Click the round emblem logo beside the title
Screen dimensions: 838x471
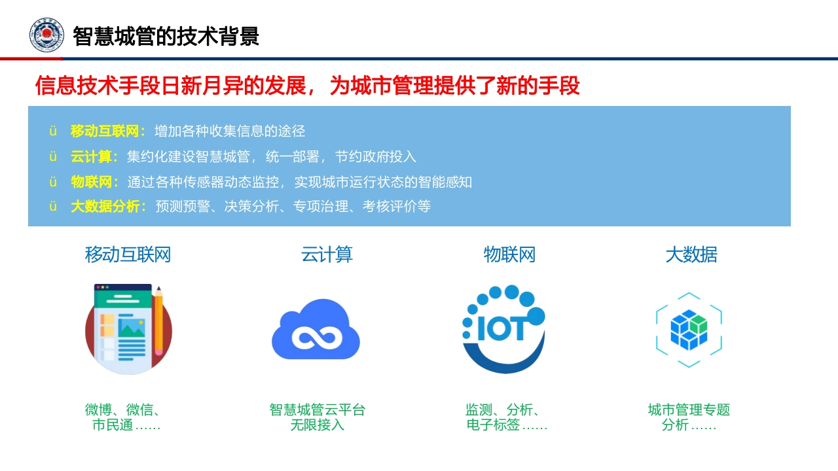point(46,35)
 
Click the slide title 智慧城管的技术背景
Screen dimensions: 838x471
point(166,36)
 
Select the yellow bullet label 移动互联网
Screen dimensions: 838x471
point(104,131)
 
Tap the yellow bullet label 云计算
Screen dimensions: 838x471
point(91,156)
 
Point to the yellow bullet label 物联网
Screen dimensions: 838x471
point(91,182)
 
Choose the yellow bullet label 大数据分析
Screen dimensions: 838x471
point(105,206)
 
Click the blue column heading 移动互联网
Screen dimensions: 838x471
point(128,254)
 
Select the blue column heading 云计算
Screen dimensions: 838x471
point(327,254)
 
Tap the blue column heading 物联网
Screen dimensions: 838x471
point(509,254)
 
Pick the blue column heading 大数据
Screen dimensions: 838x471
point(691,254)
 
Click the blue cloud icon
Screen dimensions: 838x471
point(316,329)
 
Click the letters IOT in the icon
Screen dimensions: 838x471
point(502,328)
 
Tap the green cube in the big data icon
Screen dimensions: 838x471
point(699,324)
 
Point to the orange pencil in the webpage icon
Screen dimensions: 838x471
point(158,321)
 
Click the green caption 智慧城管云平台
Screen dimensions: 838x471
point(318,410)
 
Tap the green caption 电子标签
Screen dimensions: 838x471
point(493,425)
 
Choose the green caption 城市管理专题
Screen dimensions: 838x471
point(689,410)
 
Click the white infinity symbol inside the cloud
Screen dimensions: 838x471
point(316,338)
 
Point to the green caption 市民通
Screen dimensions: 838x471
point(113,425)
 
